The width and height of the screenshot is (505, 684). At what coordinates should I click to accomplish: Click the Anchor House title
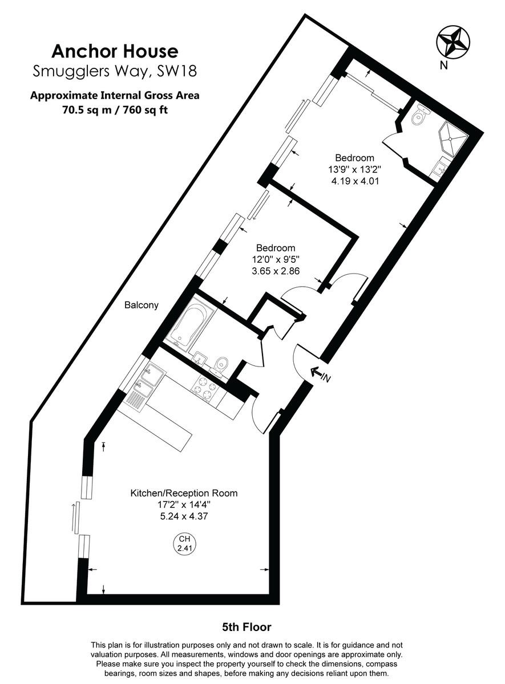tap(115, 52)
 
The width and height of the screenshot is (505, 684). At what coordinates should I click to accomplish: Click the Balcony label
tap(142, 306)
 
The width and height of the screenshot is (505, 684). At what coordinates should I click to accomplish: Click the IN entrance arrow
tap(319, 374)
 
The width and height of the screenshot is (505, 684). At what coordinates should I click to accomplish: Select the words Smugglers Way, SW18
tap(115, 72)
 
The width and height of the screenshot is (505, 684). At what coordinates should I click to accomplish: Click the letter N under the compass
tap(443, 66)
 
